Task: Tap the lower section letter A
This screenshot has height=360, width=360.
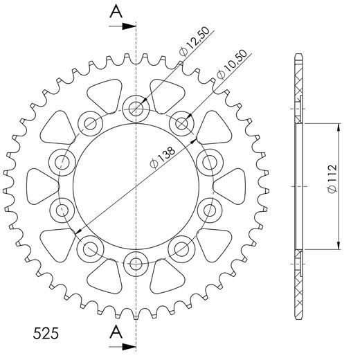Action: pos(117,331)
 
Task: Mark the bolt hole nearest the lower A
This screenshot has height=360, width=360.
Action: pos(136,262)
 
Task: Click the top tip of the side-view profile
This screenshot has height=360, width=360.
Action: pos(298,54)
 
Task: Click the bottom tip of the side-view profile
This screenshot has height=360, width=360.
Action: pos(298,316)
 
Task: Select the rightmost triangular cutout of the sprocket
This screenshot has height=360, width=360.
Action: pos(228,186)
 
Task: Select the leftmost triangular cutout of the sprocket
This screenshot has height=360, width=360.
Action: pos(43,186)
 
